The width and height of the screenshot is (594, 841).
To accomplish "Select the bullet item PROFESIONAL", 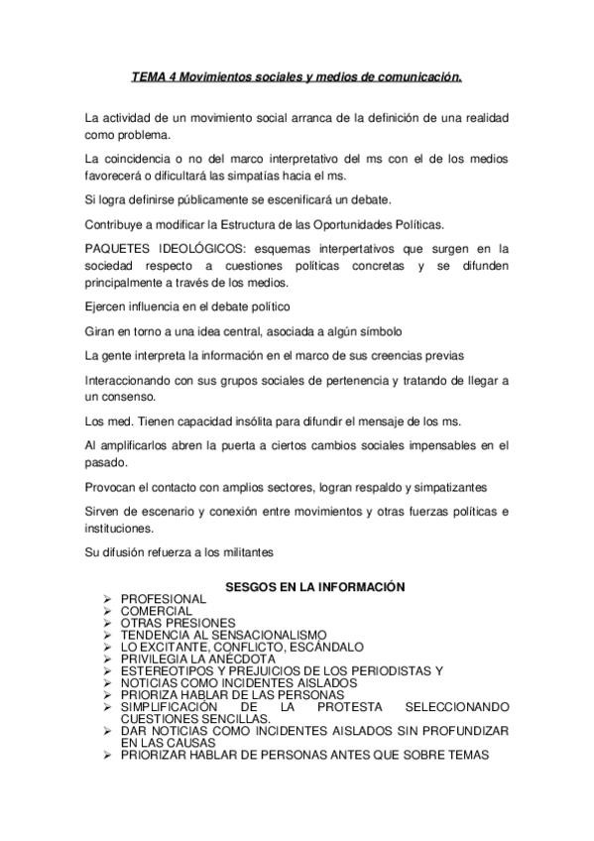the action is (163, 600).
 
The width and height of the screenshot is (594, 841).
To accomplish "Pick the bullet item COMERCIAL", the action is (157, 612).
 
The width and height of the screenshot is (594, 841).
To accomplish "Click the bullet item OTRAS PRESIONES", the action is (178, 624).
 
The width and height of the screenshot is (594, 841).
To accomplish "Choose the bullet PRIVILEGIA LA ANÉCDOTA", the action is (197, 660).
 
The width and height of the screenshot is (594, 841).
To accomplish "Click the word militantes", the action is (241, 552).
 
